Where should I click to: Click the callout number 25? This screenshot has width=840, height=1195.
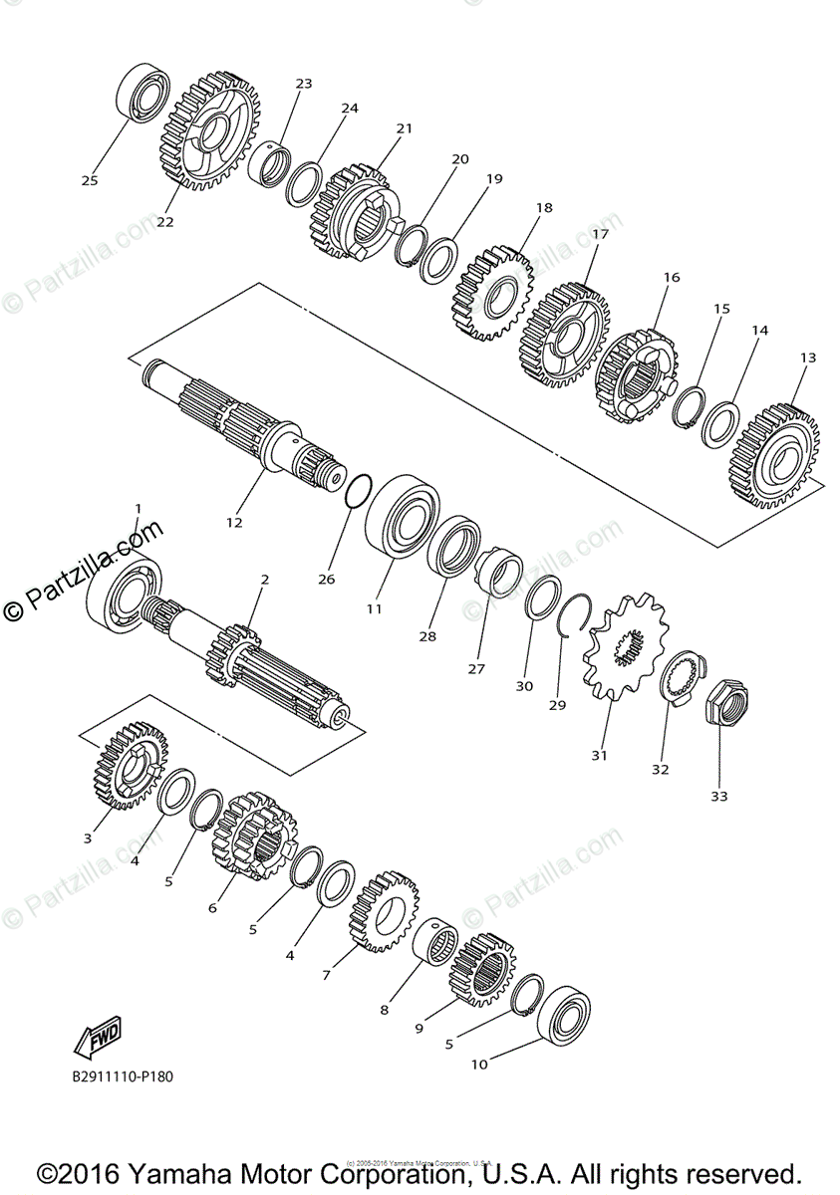click(90, 180)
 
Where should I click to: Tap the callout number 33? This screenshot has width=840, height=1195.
click(719, 796)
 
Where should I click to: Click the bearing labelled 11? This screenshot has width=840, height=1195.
click(404, 519)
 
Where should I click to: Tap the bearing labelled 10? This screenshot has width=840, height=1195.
click(564, 1016)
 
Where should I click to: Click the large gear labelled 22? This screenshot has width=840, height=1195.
click(209, 130)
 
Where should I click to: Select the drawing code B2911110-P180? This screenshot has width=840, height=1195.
click(129, 1076)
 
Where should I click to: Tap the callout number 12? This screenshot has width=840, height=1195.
click(234, 521)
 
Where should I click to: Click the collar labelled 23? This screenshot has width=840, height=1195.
click(269, 164)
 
